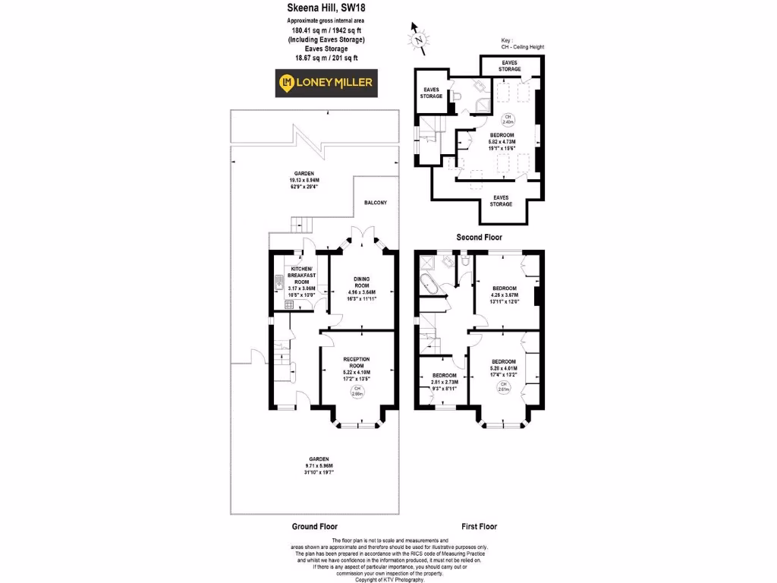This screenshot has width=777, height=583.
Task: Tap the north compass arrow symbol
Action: [417, 36]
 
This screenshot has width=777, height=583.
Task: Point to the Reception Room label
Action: [357, 365]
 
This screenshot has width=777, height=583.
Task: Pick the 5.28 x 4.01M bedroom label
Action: [504, 367]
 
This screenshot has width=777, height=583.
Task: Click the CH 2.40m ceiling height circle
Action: [508, 119]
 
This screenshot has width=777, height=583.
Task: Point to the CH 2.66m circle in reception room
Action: [357, 392]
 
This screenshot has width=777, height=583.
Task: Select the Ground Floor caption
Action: [315, 526]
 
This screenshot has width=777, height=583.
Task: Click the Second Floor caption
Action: [479, 237]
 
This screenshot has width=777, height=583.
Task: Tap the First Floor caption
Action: [479, 526]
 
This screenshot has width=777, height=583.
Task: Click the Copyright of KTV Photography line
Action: [389, 579]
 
